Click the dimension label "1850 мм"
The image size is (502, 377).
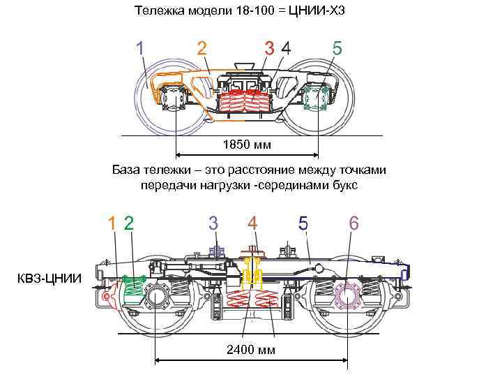[246, 145]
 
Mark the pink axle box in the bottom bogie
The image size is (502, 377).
[347, 296]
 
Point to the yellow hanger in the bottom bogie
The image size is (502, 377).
[252, 276]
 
